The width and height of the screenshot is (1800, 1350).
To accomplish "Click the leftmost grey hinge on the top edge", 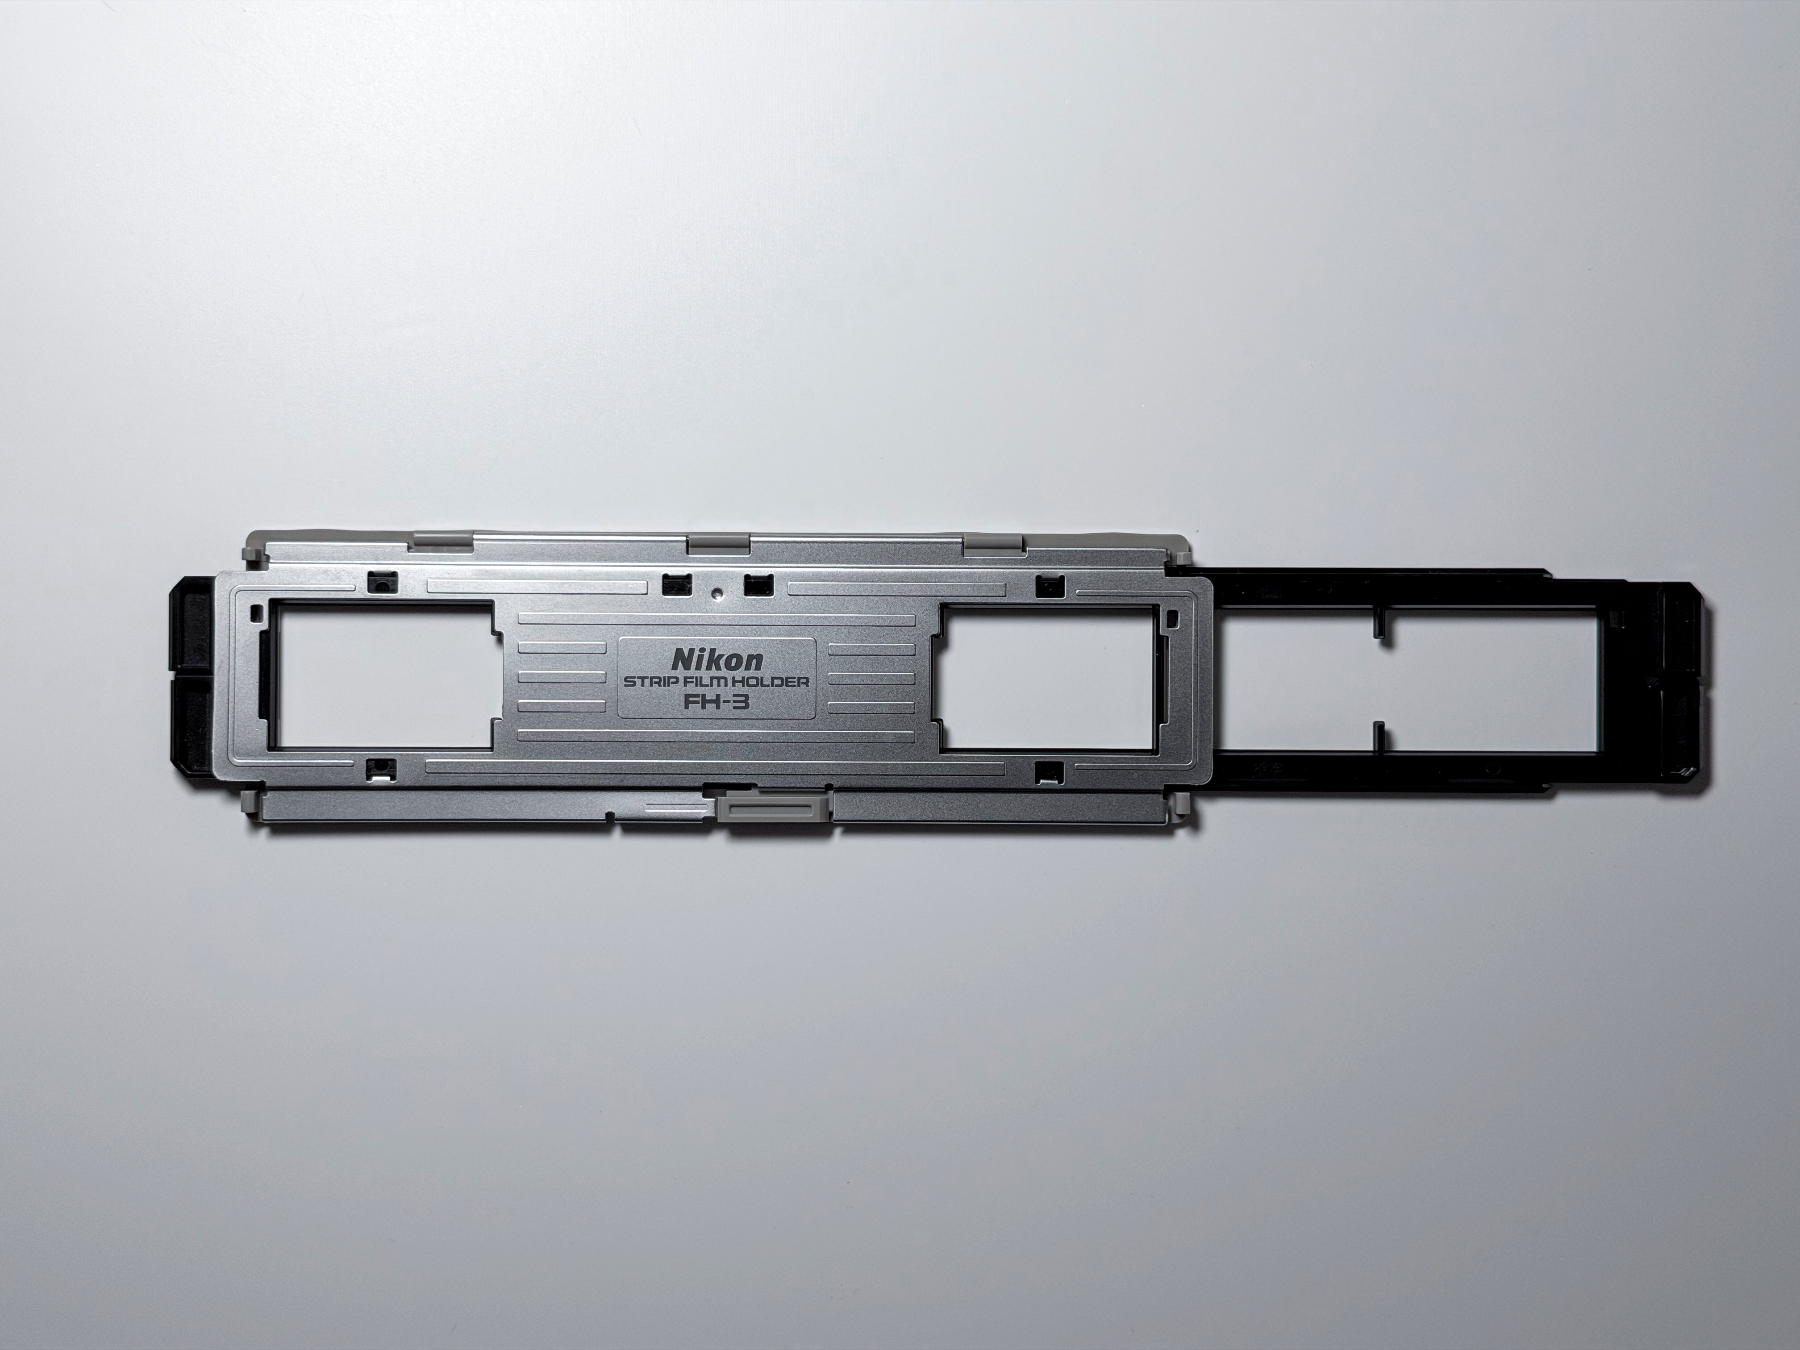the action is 443,541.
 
